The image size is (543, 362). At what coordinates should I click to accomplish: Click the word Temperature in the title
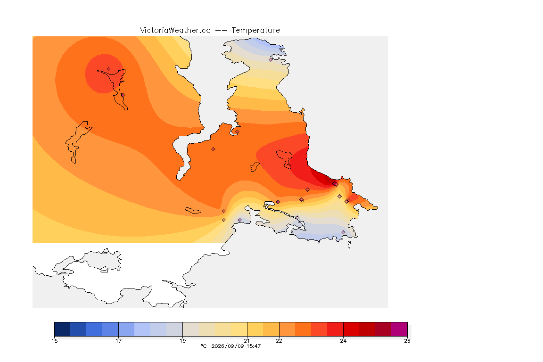(x=255, y=31)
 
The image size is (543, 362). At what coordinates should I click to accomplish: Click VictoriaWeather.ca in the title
(x=175, y=31)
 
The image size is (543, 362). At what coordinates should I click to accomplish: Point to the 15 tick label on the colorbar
(x=54, y=341)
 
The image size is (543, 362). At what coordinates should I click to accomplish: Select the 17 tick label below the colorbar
(x=118, y=341)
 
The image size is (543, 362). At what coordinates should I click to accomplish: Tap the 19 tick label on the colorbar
(x=182, y=341)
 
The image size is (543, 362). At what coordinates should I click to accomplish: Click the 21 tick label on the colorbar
(x=247, y=341)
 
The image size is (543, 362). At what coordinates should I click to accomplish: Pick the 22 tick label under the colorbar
(x=279, y=341)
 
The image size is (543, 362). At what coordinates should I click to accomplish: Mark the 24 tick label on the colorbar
(x=343, y=341)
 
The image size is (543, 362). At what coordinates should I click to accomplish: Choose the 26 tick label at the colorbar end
(x=407, y=341)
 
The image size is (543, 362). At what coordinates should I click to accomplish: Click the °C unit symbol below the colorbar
(x=204, y=346)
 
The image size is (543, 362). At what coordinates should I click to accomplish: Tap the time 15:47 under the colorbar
(x=254, y=346)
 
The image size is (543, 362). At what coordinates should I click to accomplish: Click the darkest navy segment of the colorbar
(x=62, y=329)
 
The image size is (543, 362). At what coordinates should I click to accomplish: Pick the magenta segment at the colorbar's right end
(x=399, y=329)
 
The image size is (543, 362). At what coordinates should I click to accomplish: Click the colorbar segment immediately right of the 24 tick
(x=351, y=329)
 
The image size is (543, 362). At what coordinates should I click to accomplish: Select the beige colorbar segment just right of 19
(x=191, y=329)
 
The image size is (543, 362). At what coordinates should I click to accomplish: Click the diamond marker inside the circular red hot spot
(x=109, y=69)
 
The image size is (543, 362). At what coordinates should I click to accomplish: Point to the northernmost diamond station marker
(x=271, y=59)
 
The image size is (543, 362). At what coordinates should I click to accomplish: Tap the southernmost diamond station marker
(x=343, y=232)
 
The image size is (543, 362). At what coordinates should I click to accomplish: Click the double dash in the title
(x=221, y=31)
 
